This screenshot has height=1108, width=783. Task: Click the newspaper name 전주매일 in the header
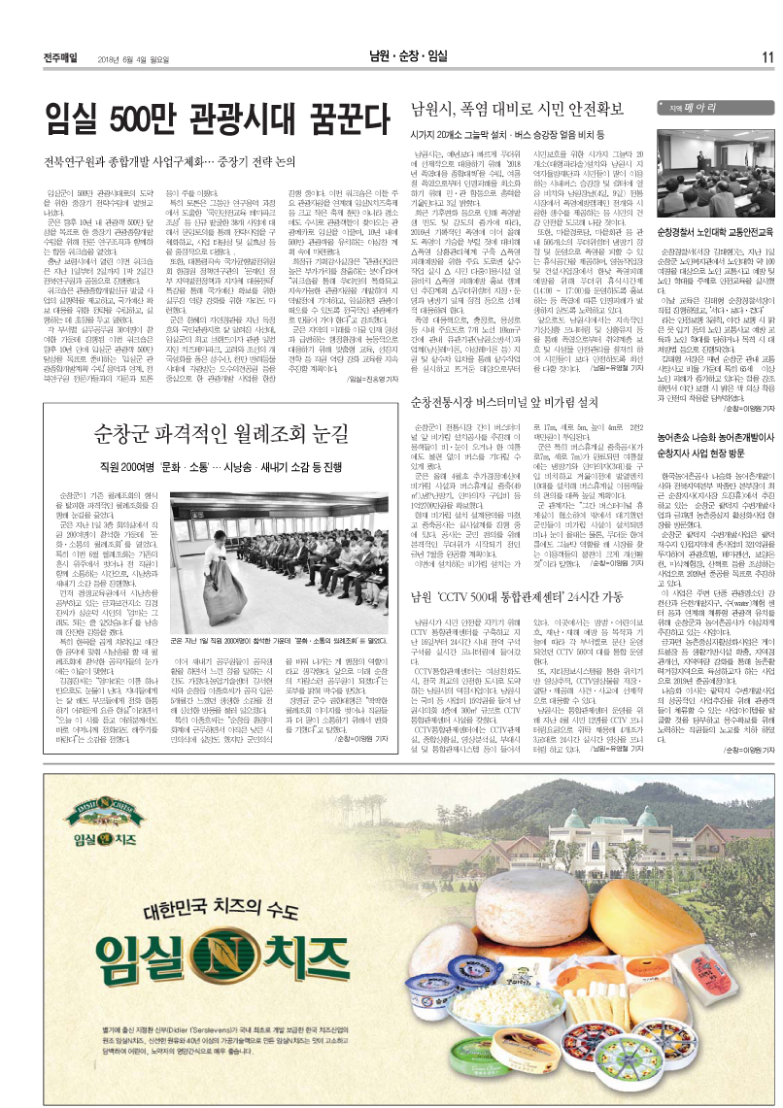62,56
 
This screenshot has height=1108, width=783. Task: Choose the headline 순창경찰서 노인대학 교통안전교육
714,234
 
